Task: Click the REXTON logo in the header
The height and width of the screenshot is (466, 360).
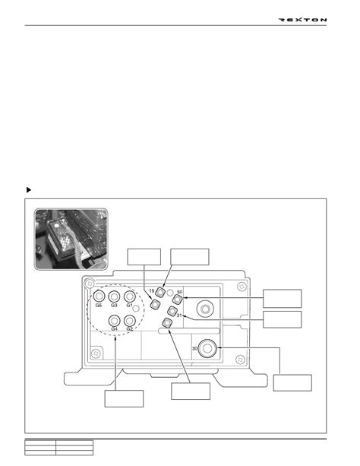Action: (x=302, y=20)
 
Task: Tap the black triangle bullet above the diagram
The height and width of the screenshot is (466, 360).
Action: (x=29, y=189)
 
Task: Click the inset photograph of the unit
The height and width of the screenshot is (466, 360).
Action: (x=71, y=239)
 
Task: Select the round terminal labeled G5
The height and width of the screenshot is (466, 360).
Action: (x=99, y=296)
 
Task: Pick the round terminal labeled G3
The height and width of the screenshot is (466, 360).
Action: (x=114, y=296)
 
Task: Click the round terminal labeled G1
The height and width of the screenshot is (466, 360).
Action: (x=130, y=296)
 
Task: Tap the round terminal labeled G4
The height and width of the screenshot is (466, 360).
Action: (x=115, y=321)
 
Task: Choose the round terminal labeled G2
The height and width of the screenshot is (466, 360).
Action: (x=130, y=321)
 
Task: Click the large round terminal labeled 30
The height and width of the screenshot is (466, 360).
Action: (x=207, y=348)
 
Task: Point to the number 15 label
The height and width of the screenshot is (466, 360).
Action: (x=152, y=290)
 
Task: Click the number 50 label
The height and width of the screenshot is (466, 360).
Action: (x=179, y=292)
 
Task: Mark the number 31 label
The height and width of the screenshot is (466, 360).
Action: (x=179, y=315)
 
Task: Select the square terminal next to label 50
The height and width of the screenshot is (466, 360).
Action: (x=177, y=300)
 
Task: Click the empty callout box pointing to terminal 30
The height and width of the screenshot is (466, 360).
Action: (x=292, y=383)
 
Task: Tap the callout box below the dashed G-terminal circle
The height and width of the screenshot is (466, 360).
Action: (x=124, y=398)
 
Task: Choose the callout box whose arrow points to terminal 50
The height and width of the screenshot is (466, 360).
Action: (x=282, y=299)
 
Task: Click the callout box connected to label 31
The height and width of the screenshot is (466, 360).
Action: (x=282, y=319)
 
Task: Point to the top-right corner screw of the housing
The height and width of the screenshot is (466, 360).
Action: (x=242, y=287)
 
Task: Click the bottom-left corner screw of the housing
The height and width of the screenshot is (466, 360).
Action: (x=96, y=353)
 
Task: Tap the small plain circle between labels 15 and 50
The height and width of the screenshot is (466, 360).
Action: (x=170, y=293)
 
